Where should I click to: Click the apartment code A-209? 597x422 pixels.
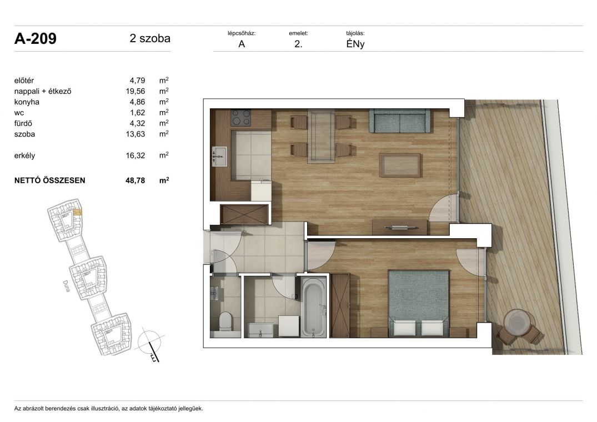pos(36,38)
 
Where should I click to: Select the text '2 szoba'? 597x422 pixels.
pos(150,38)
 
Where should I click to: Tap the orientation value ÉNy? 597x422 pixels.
pos(355,44)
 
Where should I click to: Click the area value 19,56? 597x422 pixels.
pos(136,91)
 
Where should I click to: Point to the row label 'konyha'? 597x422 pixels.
pos(27,102)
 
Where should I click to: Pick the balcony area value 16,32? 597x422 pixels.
pos(136,155)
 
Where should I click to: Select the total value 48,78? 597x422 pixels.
pos(135,181)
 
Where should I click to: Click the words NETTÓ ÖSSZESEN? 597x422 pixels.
pos(49,181)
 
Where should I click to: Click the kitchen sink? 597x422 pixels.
pos(219,157)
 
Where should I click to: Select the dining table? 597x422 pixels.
pos(322,136)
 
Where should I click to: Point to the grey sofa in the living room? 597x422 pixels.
pos(399,121)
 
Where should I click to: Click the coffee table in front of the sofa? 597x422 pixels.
pos(400,165)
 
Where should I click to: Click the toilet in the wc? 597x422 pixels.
pos(225,321)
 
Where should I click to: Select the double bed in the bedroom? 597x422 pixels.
pos(418,303)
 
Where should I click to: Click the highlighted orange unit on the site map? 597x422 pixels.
pos(77,212)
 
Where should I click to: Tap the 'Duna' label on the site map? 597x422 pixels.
pos(66,286)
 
